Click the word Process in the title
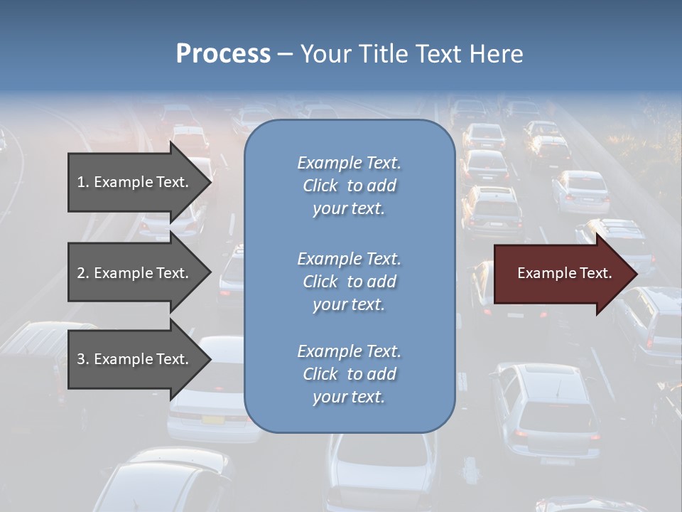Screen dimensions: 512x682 tap(223, 54)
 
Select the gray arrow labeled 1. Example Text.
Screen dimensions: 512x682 tap(135, 182)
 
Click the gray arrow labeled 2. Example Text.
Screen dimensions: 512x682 tap(135, 273)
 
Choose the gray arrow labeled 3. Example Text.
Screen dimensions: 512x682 tap(135, 359)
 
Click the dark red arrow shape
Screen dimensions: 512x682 tap(561, 273)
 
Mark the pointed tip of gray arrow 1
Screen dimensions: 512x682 tap(210, 182)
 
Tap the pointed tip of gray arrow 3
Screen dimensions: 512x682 tap(210, 359)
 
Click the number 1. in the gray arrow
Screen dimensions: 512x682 tap(83, 182)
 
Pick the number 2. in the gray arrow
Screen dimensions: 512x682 tap(83, 273)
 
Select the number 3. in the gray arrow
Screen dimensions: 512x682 tap(83, 359)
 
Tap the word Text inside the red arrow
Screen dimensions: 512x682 tap(595, 273)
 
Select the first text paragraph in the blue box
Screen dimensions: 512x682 tap(349, 186)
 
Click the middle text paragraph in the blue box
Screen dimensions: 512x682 tap(349, 282)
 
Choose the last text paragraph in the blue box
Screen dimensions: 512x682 tap(349, 374)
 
